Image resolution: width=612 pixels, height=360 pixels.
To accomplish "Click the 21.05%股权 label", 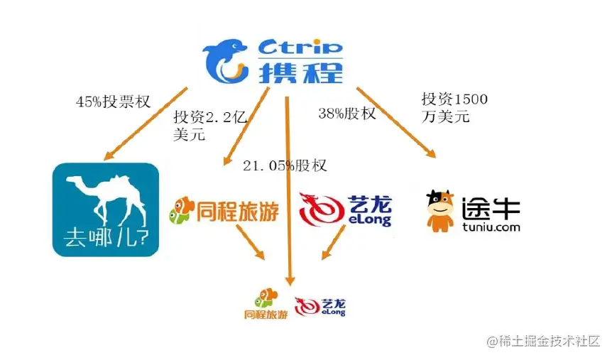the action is click(x=285, y=165).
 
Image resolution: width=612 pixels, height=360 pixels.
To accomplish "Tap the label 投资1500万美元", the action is click(x=454, y=108).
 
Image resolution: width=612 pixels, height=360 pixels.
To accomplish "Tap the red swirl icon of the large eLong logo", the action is click(x=321, y=209).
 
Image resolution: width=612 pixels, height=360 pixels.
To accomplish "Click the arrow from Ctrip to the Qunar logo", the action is click(x=146, y=122).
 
